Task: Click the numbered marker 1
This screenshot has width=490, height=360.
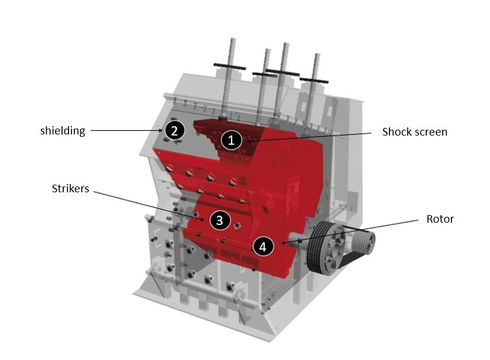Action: click(x=232, y=140)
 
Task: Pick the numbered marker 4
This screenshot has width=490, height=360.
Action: click(x=263, y=247)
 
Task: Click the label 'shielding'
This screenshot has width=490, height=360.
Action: click(x=63, y=131)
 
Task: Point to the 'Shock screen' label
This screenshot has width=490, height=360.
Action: click(x=415, y=132)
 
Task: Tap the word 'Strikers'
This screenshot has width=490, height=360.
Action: click(x=70, y=189)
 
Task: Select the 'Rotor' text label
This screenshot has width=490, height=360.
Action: click(x=440, y=219)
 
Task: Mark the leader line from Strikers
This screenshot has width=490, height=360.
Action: click(x=146, y=205)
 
